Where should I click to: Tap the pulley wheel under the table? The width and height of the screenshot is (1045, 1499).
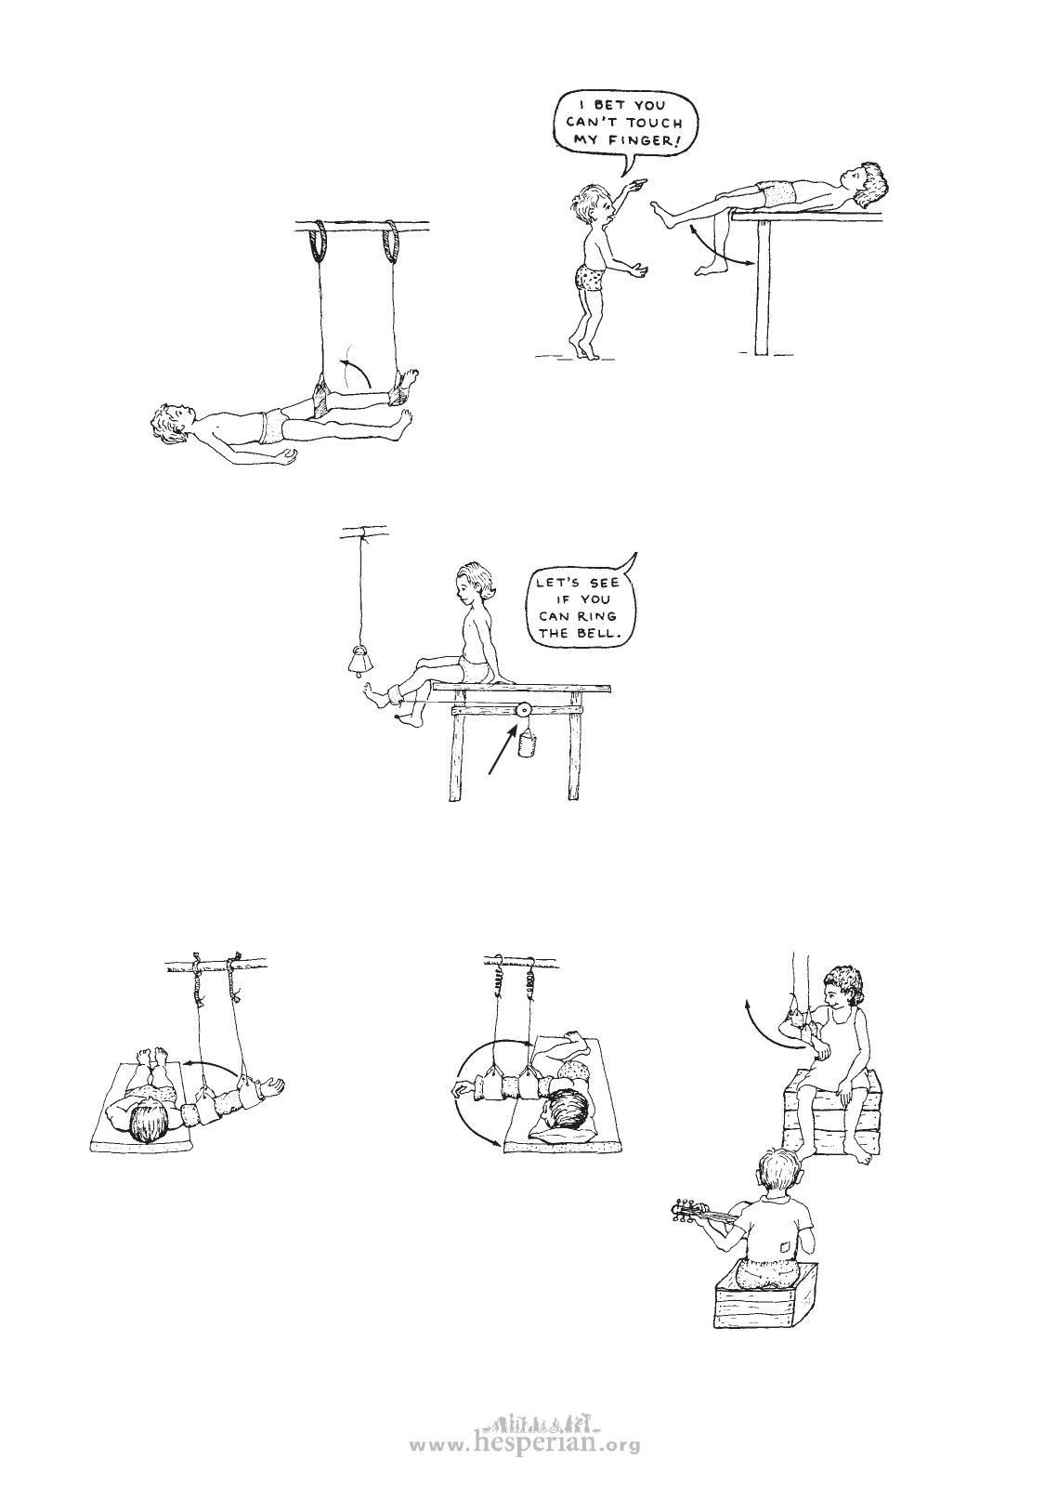[524, 709]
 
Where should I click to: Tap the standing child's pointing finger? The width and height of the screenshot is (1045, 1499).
[640, 180]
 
